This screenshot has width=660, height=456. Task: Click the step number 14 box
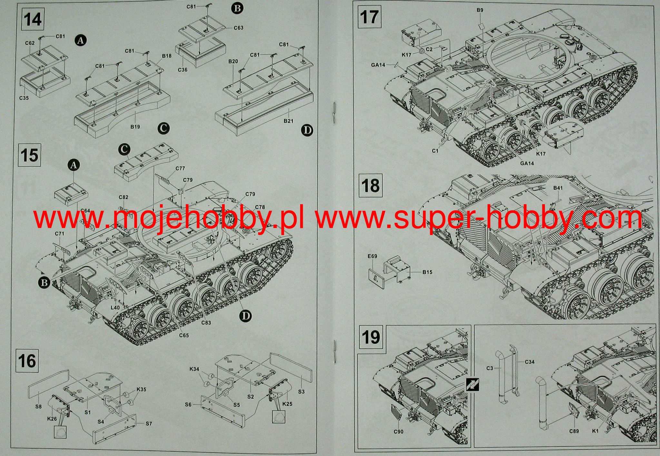pyautogui.click(x=33, y=20)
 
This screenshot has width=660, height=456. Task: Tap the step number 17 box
pyautogui.click(x=369, y=17)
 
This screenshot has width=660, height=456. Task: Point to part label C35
pyautogui.click(x=24, y=98)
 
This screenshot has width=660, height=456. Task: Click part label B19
pyautogui.click(x=135, y=127)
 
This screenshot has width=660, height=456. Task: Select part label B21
pyautogui.click(x=288, y=121)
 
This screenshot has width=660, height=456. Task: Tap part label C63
pyautogui.click(x=239, y=28)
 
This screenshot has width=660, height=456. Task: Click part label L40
pyautogui.click(x=115, y=308)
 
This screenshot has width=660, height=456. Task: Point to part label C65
pyautogui.click(x=184, y=335)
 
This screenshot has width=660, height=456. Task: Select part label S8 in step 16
pyautogui.click(x=38, y=407)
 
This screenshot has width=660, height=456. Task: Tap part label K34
pyautogui.click(x=194, y=369)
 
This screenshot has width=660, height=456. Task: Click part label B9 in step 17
pyautogui.click(x=480, y=10)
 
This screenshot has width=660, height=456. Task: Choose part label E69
pyautogui.click(x=372, y=257)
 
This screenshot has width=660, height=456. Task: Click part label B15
pyautogui.click(x=427, y=272)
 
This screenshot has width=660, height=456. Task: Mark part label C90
pyautogui.click(x=398, y=432)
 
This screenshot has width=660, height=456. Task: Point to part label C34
pyautogui.click(x=529, y=362)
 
